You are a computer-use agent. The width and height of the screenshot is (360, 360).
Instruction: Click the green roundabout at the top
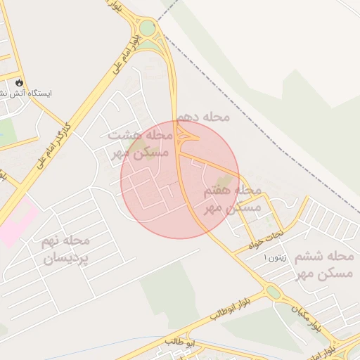coord(147,29)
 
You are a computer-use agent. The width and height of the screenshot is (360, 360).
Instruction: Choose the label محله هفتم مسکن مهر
coord(232,199)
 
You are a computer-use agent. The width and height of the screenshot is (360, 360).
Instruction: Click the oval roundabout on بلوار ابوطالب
coord(273,290)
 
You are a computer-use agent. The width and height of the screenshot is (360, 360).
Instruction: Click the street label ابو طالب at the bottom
coord(180,341)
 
